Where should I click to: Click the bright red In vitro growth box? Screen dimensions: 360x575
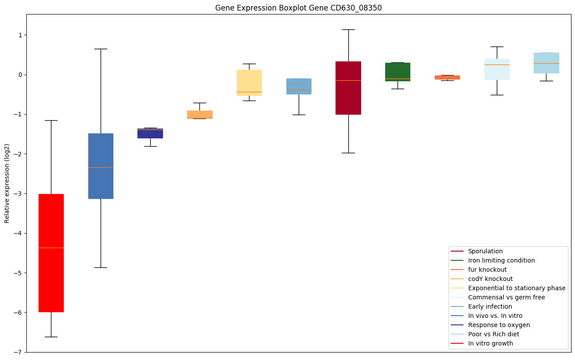click(x=51, y=253)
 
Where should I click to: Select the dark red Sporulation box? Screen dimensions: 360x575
click(x=348, y=88)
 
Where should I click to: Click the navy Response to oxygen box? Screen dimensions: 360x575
click(x=150, y=133)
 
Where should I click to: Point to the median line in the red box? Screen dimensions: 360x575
click(x=51, y=248)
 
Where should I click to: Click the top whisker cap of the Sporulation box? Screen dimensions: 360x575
click(x=348, y=29)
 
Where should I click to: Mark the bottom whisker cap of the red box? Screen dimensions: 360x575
click(x=51, y=337)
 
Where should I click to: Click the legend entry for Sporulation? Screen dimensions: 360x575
click(x=485, y=251)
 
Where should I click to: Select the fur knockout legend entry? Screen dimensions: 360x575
click(x=487, y=270)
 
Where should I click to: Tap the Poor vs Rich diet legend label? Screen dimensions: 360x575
click(x=493, y=334)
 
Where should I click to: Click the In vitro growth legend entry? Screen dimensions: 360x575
click(x=490, y=343)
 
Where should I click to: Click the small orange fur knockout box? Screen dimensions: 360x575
click(x=447, y=77)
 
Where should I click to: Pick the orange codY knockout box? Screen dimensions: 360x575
click(x=199, y=115)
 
